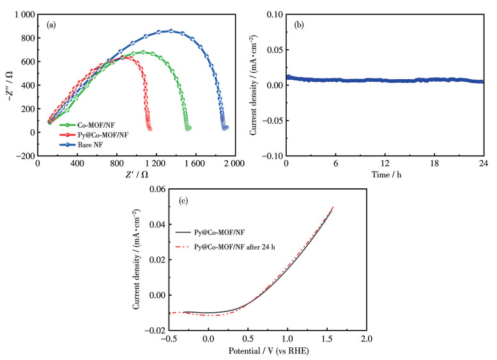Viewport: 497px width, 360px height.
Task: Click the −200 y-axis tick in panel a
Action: click(x=24, y=156)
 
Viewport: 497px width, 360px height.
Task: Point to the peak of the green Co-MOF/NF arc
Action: click(x=143, y=52)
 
